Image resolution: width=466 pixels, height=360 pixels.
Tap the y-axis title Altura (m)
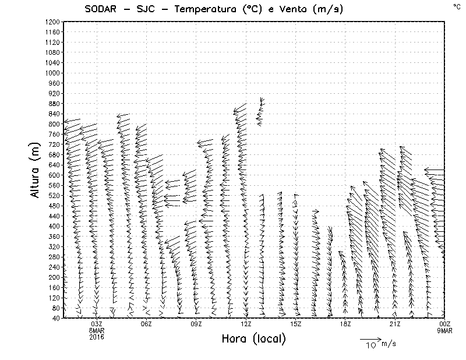click(x=35, y=169)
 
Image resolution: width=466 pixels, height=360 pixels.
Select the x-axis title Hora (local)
click(x=254, y=338)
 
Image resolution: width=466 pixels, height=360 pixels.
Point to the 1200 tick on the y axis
click(x=52, y=22)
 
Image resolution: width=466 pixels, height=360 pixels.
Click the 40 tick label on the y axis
click(x=56, y=318)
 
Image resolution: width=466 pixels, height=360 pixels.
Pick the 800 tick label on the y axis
click(x=54, y=124)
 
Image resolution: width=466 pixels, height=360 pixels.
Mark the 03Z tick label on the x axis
click(x=97, y=324)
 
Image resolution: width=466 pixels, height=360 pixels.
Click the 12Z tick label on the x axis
click(x=246, y=324)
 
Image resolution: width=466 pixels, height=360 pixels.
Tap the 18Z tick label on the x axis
click(x=345, y=324)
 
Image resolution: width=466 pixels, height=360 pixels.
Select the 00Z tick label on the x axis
click(x=445, y=324)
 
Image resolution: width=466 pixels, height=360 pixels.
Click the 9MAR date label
click(x=445, y=330)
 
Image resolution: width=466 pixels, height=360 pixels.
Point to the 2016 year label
click(x=97, y=337)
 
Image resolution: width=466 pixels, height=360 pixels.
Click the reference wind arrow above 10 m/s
click(x=370, y=338)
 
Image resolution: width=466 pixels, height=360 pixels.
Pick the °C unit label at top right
click(x=456, y=6)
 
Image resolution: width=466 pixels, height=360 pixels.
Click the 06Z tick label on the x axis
click(x=146, y=324)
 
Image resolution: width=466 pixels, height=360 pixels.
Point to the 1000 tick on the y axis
click(x=52, y=73)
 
